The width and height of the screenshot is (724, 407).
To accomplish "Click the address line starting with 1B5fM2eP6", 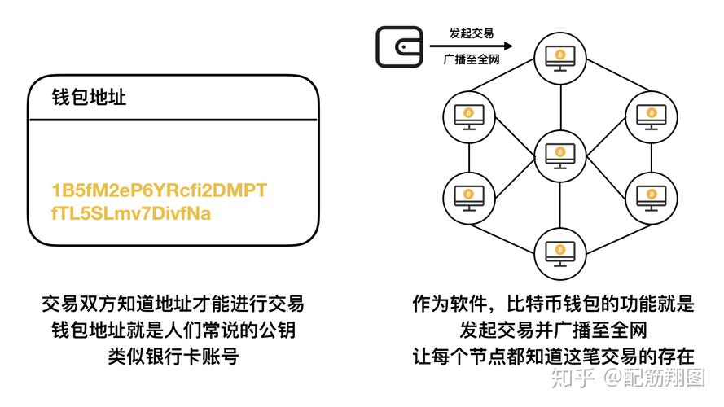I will pos(159,190).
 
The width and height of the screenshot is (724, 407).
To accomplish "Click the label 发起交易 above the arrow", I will pos(472,34).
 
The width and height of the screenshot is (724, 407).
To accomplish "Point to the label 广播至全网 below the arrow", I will pos(472,61).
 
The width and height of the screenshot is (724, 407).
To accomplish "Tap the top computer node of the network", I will pos(560,56).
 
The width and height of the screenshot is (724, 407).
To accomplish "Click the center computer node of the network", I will pos(560,153).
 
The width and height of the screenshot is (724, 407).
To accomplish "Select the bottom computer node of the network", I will pos(560,248).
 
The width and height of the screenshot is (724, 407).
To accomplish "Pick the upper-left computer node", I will pos(468,113).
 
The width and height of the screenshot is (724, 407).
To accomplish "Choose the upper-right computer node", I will pos(652,113).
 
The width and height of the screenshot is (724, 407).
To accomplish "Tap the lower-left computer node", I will pos(468,196).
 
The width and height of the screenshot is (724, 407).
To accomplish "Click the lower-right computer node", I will pos(652,196).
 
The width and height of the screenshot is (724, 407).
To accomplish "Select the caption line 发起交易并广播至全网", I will pos(553,330).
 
